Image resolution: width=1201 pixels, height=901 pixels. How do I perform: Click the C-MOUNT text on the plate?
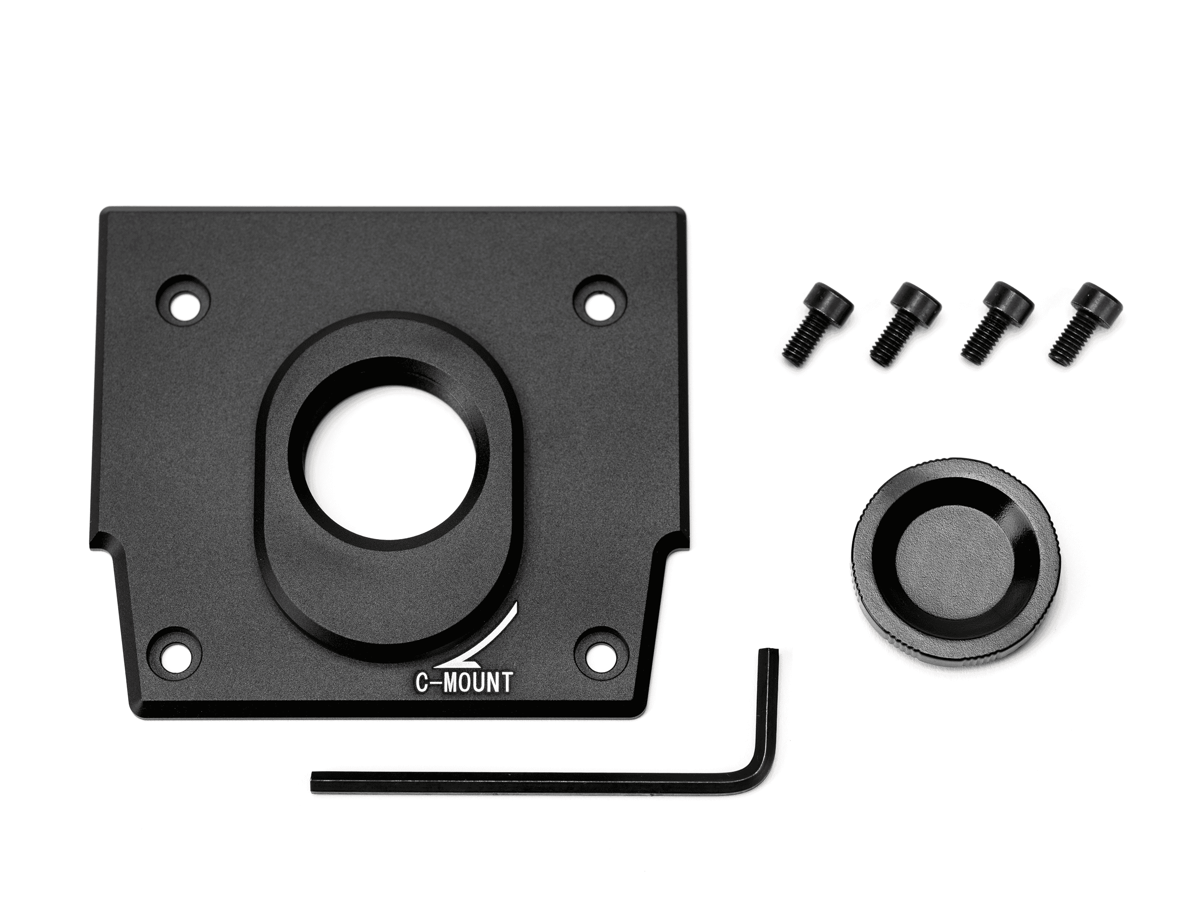coord(464,683)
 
